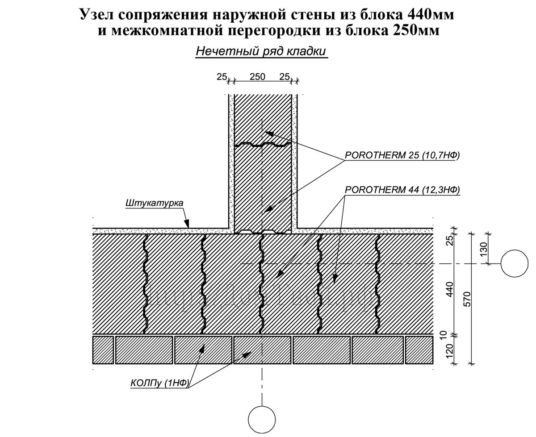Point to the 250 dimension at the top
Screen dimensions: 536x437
point(257,77)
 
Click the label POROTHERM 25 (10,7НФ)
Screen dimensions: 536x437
point(402,156)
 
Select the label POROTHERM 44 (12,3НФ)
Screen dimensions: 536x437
point(402,190)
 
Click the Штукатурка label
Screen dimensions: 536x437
point(154,203)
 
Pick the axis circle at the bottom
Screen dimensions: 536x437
point(262,420)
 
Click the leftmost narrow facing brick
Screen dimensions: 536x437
point(102,350)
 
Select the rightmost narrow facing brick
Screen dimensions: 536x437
point(419,350)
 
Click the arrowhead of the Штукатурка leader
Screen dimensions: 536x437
point(188,223)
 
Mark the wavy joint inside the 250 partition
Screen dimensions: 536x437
point(262,144)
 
